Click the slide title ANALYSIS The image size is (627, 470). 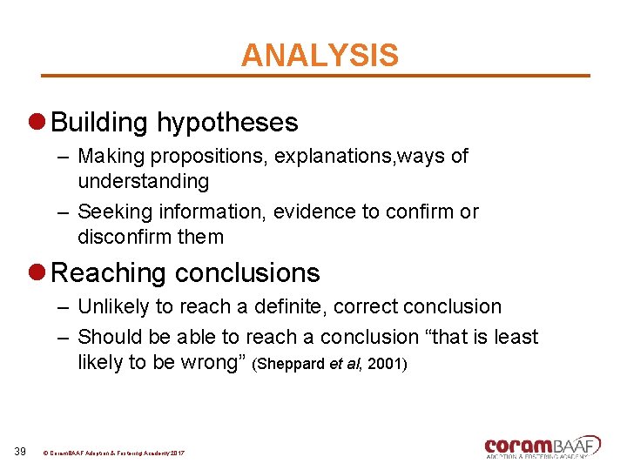click(x=320, y=55)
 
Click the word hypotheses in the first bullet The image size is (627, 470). click(x=227, y=123)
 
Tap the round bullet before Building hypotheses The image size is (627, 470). click(x=38, y=123)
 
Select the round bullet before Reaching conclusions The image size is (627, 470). click(x=38, y=273)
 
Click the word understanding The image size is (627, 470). click(x=144, y=182)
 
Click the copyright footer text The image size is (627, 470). click(x=113, y=453)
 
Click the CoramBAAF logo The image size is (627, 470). click(x=543, y=446)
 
